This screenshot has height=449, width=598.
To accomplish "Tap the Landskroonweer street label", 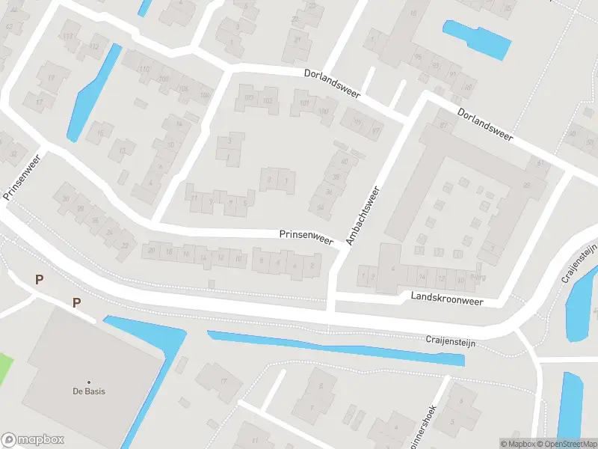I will pyautogui.click(x=447, y=298).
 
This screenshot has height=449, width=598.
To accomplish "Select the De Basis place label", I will pyautogui.click(x=87, y=391).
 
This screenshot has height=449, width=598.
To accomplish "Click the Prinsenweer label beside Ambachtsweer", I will pyautogui.click(x=306, y=236).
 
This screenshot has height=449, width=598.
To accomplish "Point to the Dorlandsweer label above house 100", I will pyautogui.click(x=332, y=83).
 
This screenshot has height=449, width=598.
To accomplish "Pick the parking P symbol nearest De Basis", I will pyautogui.click(x=76, y=302).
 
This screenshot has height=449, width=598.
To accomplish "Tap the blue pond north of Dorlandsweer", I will pyautogui.click(x=476, y=39).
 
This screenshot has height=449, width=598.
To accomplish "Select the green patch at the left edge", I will pyautogui.click(x=6, y=367).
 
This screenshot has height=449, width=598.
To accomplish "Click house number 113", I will pyautogui.click(x=70, y=37).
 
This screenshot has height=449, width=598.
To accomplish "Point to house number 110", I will pyautogui.click(x=144, y=70).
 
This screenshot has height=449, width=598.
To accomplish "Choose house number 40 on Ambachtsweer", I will pyautogui.click(x=344, y=162).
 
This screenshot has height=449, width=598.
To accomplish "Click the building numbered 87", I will pyautogui.click(x=443, y=124).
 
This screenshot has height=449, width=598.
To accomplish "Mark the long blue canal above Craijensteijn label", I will pyautogui.click(x=336, y=347).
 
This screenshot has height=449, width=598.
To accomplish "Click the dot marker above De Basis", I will pyautogui.click(x=88, y=382).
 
